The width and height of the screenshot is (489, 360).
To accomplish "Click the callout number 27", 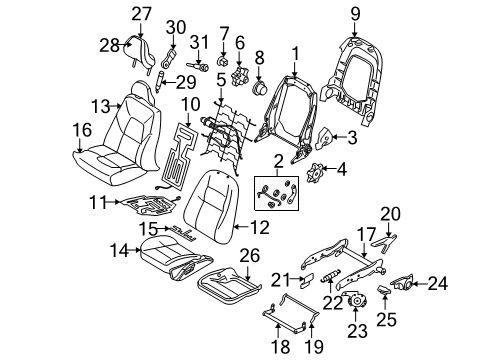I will tap(140, 13).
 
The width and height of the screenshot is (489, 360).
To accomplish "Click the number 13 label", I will tap(98, 106).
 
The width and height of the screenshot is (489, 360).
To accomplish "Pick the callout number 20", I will tap(390, 240).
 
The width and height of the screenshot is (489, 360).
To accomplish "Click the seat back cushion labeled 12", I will tap(212, 205).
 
